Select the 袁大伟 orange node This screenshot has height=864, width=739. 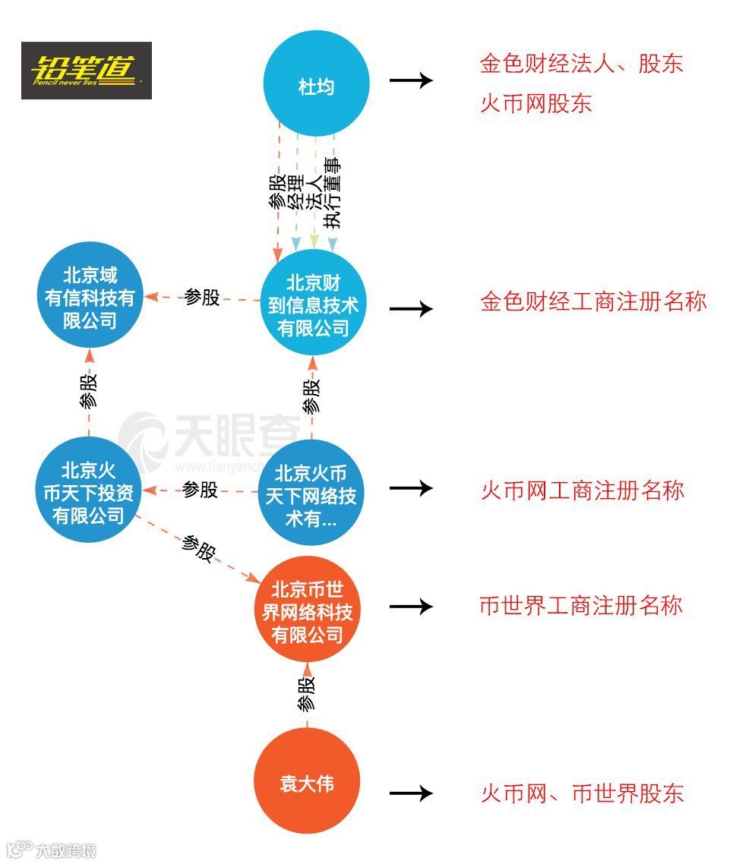tap(307, 783)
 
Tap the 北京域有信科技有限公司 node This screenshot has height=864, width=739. tap(90, 297)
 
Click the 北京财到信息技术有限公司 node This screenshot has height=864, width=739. tap(313, 304)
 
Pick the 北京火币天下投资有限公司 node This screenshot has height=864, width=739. tap(89, 492)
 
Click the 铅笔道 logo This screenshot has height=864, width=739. tap(86, 71)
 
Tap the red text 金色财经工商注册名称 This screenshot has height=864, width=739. tap(592, 302)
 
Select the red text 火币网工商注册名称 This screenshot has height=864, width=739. tap(582, 490)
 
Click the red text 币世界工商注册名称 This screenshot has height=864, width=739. tap(581, 605)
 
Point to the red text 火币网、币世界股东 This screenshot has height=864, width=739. tap(582, 793)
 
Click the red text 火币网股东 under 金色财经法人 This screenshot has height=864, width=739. tap(535, 102)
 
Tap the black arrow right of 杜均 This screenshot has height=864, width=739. tap(411, 80)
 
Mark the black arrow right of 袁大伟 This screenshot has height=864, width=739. tap(411, 793)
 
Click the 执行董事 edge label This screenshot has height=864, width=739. tap(332, 194)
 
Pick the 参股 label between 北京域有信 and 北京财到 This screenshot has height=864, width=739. tap(202, 297)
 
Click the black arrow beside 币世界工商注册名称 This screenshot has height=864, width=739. tap(411, 607)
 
